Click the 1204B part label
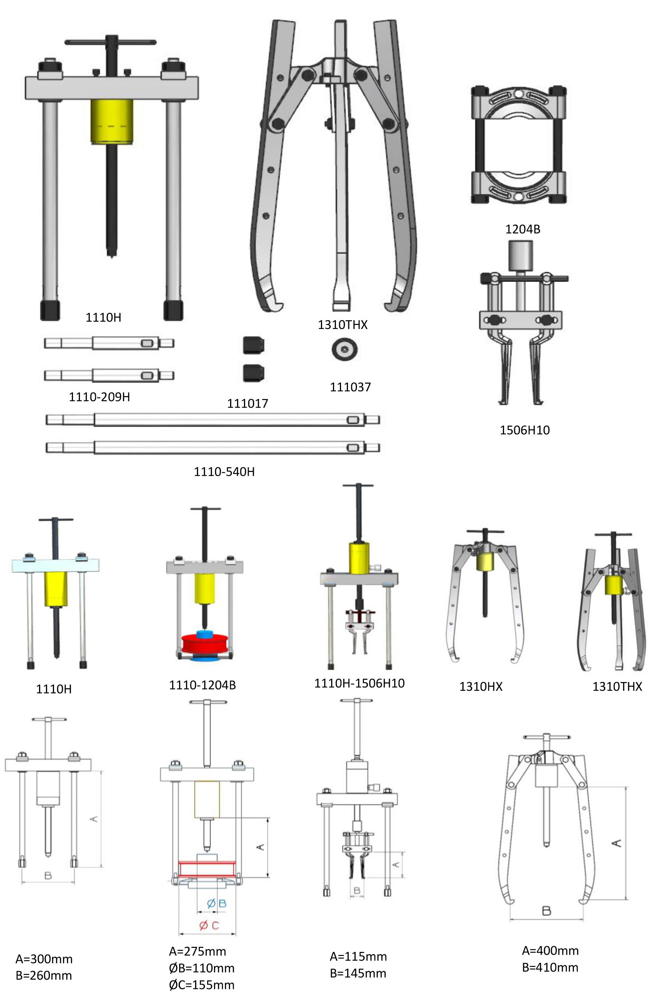click(x=523, y=229)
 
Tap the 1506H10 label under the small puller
click(x=525, y=430)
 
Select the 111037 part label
click(x=350, y=387)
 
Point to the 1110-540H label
click(x=224, y=472)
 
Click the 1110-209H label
click(x=99, y=397)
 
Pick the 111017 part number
click(x=247, y=403)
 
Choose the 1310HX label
click(x=481, y=687)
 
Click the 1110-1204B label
click(x=202, y=685)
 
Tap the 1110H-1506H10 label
click(x=360, y=683)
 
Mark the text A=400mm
click(x=550, y=951)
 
